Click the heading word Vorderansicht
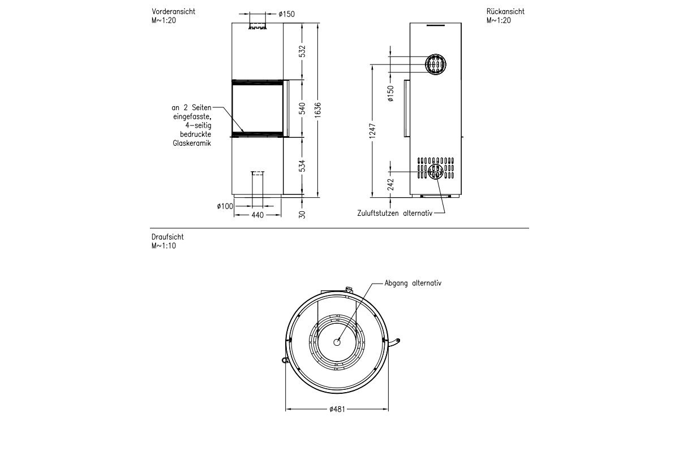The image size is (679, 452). (173, 11)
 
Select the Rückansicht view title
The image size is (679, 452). (505, 11)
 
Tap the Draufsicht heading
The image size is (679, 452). (167, 237)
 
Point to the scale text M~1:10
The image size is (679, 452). (164, 246)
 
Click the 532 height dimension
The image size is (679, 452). (302, 51)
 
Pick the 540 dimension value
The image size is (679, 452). (302, 108)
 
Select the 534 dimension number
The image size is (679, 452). (302, 166)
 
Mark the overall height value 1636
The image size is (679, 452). (318, 108)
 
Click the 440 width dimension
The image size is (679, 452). (257, 215)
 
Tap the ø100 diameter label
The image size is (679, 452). (225, 207)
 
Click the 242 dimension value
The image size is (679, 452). (390, 185)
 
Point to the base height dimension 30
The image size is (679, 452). (302, 214)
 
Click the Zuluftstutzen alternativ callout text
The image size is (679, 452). (394, 214)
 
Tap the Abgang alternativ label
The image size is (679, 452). (412, 284)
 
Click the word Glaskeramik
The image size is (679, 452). (192, 144)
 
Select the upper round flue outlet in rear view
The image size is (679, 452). (436, 64)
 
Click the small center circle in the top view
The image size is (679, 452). (337, 342)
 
